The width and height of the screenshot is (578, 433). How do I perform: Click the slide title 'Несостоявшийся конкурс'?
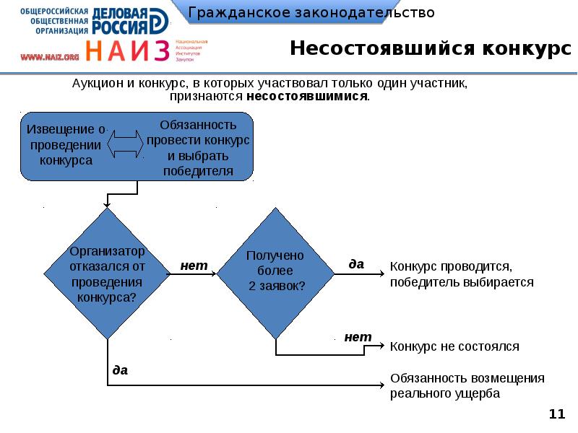click(x=426, y=49)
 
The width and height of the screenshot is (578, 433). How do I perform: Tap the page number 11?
click(x=556, y=414)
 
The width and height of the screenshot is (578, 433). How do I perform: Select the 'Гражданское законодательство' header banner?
click(x=311, y=13)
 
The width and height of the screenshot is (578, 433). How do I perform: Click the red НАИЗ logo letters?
click(x=128, y=51)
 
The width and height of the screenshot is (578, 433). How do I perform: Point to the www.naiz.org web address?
click(x=49, y=56)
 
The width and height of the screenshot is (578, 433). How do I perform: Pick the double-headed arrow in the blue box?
click(x=126, y=142)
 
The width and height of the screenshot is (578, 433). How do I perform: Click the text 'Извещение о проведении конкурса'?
click(x=66, y=145)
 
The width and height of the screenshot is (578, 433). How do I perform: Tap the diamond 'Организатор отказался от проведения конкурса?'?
click(x=108, y=274)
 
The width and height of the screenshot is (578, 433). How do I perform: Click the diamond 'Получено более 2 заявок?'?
click(x=275, y=273)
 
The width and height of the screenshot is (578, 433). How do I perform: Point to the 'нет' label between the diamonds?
click(x=194, y=266)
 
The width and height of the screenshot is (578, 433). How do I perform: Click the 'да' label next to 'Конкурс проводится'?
click(x=356, y=264)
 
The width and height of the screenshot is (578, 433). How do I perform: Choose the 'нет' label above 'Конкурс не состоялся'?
click(x=358, y=336)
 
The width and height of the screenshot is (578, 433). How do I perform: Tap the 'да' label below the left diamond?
click(x=120, y=369)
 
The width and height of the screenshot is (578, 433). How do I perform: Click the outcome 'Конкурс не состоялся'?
click(x=454, y=346)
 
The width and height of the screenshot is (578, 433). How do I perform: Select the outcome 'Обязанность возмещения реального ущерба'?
click(x=467, y=386)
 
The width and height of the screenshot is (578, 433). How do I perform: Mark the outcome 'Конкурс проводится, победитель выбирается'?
click(x=461, y=274)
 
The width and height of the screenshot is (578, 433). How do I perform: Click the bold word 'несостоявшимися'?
click(x=306, y=95)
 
